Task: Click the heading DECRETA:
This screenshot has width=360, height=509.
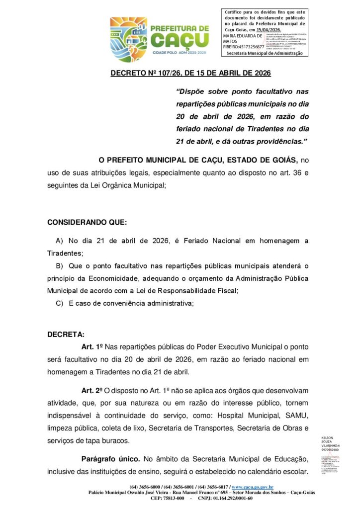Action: point(66,334)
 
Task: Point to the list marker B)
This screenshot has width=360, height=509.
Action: point(60,265)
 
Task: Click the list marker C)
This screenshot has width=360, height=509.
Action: point(60,303)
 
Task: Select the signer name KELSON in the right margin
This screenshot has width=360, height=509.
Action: point(328,438)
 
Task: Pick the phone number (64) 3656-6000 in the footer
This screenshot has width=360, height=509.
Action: point(147,487)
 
